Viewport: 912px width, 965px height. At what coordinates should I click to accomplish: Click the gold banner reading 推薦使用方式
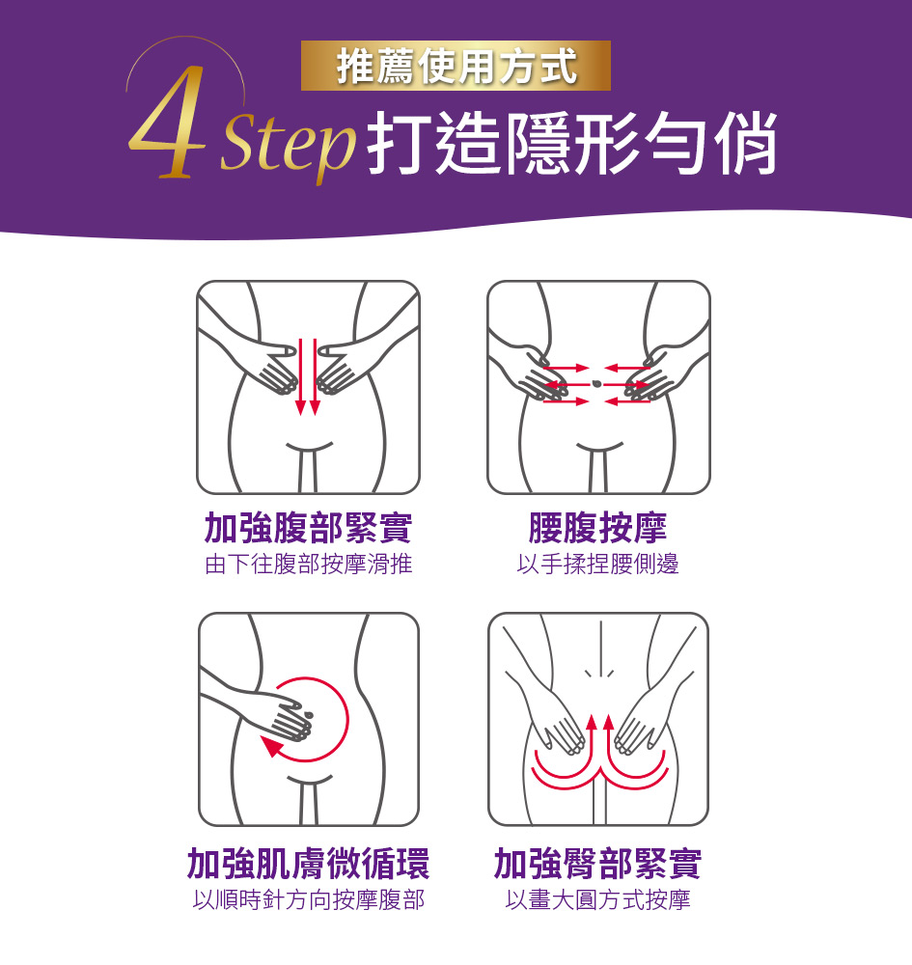coord(456,66)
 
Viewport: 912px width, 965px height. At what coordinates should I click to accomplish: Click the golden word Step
coord(288,146)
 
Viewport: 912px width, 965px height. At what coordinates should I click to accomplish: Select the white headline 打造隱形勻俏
coord(571,144)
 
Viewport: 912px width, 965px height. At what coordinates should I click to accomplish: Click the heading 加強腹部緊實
coord(308,528)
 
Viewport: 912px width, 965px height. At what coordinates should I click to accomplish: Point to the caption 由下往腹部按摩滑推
coord(308,564)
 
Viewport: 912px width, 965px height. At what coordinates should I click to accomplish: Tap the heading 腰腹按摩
coord(597,528)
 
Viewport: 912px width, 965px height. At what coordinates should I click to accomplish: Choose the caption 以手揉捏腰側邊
coord(597,564)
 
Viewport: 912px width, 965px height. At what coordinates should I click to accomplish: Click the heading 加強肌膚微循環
coord(308,864)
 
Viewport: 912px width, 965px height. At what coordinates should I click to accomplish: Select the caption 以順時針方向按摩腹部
coord(308,899)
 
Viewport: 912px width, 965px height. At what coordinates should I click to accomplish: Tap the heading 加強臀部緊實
coord(597,864)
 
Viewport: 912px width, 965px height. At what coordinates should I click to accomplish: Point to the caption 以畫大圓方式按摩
coord(597,899)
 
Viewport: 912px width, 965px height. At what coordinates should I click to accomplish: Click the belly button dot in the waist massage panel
coord(595,384)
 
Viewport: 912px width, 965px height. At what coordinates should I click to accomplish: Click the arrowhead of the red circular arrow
coord(270,747)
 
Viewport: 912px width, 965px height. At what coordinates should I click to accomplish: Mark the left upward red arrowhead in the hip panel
coord(592,722)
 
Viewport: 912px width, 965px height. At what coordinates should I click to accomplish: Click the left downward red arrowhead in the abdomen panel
coord(301,407)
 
